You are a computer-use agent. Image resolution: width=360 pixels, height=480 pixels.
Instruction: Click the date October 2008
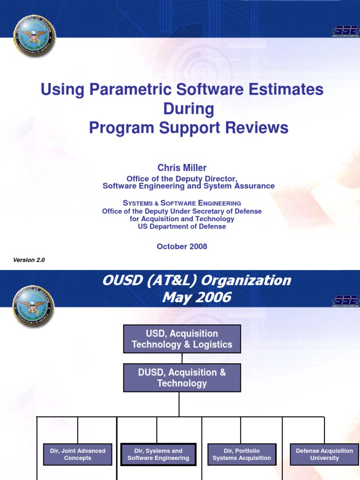tap(182, 246)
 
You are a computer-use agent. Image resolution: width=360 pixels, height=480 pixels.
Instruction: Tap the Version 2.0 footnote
tap(29, 260)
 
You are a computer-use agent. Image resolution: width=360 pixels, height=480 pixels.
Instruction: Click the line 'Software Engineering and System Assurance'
tap(188, 186)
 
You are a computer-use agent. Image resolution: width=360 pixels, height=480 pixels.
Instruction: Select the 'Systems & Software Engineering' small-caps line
tap(182, 203)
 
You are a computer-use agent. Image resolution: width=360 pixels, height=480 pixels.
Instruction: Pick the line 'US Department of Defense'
tap(182, 226)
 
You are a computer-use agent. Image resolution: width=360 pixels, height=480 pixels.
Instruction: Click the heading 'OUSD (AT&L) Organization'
tap(196, 281)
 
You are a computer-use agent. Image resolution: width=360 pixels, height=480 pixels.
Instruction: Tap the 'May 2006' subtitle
tap(196, 297)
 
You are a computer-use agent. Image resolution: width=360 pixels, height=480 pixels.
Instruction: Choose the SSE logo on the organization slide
tap(345, 301)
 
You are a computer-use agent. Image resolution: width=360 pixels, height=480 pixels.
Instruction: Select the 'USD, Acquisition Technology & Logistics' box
tap(182, 339)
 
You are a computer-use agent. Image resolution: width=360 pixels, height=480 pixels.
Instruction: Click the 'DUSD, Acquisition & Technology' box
tap(182, 378)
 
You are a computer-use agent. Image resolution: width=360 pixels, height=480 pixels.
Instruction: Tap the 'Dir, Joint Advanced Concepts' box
tap(78, 454)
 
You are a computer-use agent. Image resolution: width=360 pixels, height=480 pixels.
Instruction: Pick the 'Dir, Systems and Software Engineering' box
tap(158, 454)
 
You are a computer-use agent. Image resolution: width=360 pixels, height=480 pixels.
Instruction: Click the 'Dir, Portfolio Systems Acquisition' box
tap(241, 454)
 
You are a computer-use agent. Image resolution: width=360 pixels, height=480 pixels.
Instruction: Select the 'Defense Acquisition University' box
tap(324, 454)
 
